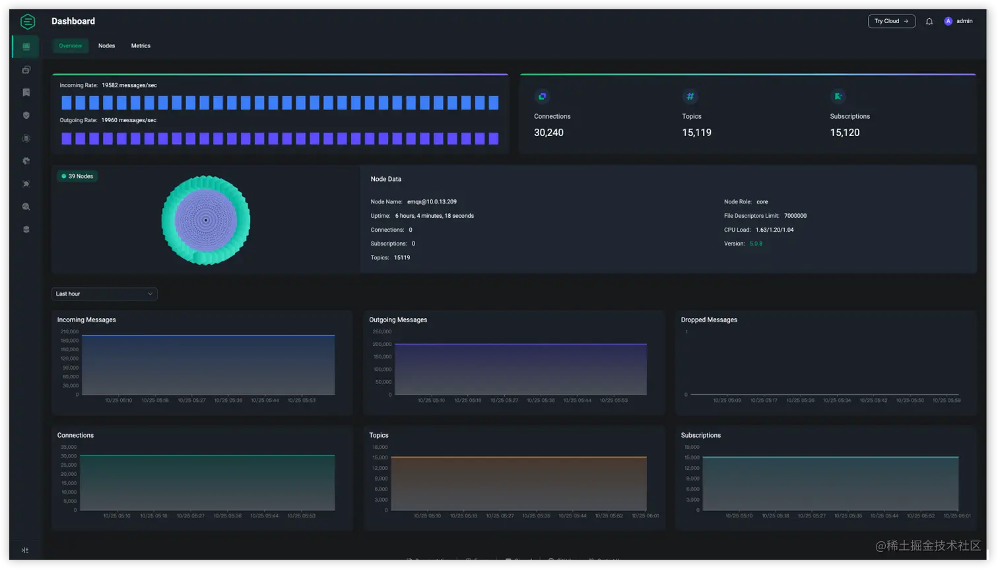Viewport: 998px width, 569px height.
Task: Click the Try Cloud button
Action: (x=891, y=21)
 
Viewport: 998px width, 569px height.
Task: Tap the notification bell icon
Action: (x=929, y=21)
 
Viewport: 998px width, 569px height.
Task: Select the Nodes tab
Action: (x=106, y=46)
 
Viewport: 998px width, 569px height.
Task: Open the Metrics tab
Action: (x=141, y=46)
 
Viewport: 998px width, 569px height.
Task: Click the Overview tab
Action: (x=70, y=46)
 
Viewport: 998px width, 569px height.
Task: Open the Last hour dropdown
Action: (x=104, y=294)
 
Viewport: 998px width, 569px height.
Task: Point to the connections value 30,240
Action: (x=549, y=133)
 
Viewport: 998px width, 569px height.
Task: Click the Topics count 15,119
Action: (x=696, y=133)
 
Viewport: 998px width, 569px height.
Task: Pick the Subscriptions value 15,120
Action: (x=844, y=133)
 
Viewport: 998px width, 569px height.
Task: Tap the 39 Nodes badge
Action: (x=77, y=176)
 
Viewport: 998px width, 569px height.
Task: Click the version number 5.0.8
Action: (x=756, y=244)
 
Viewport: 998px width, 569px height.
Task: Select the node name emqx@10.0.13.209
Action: (x=432, y=202)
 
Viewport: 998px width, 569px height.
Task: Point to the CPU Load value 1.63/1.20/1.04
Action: (x=774, y=230)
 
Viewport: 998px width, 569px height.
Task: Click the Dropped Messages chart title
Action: (x=709, y=319)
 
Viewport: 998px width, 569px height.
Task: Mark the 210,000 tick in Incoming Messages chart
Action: (x=69, y=331)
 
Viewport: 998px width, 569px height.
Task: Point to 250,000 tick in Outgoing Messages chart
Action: (x=382, y=331)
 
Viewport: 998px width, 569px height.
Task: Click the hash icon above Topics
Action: (x=690, y=96)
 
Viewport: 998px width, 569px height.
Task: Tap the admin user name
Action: (x=964, y=21)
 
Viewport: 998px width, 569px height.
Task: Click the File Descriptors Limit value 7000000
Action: (x=795, y=216)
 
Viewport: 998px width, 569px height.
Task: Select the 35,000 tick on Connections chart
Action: (x=68, y=447)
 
